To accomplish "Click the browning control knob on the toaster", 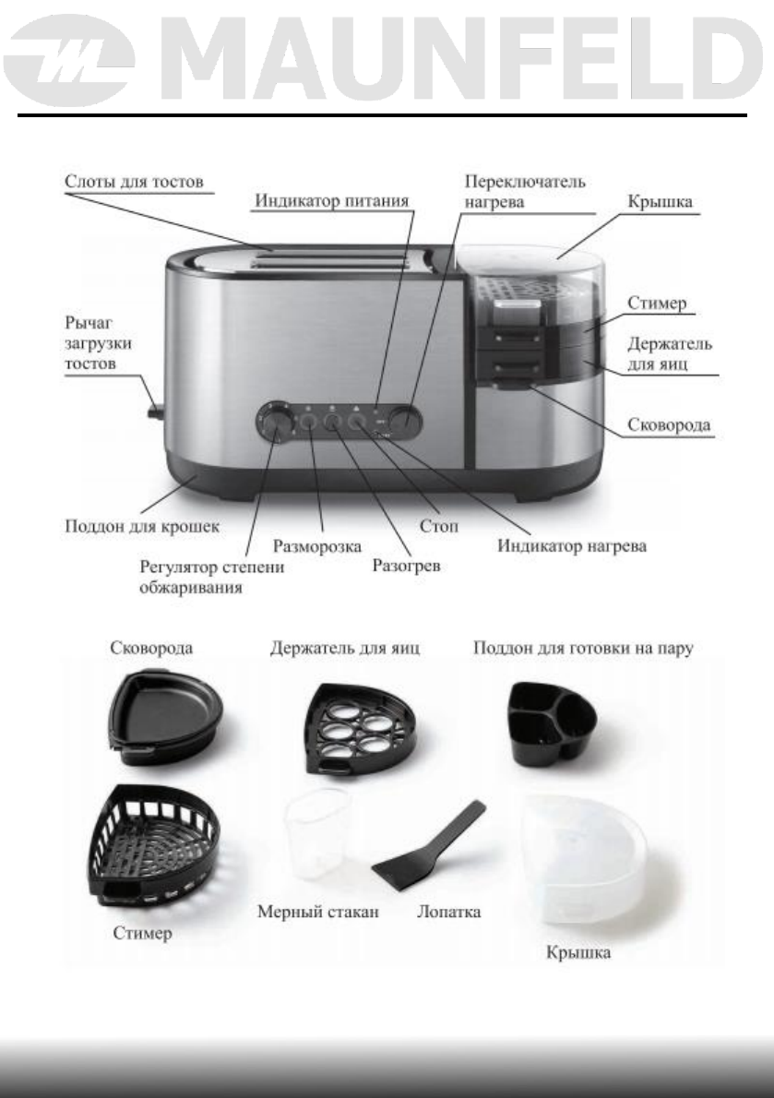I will coord(276,420).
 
